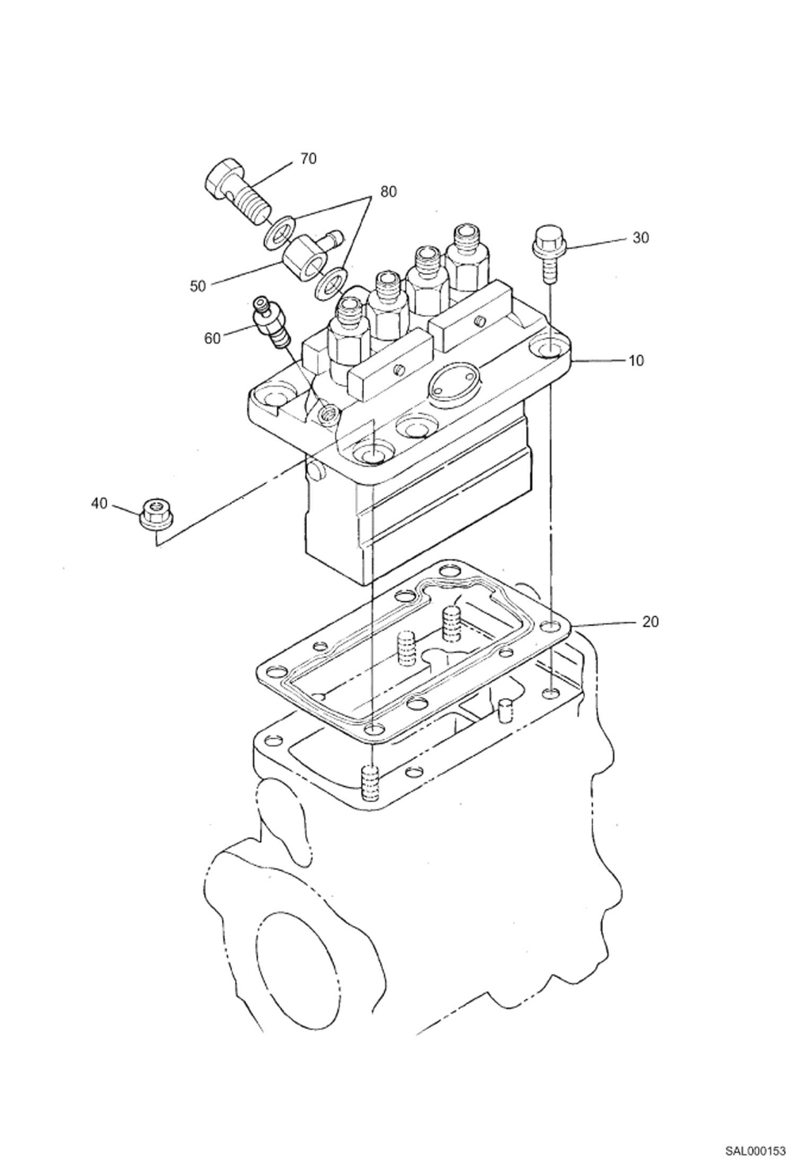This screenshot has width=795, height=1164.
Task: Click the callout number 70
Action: (x=308, y=159)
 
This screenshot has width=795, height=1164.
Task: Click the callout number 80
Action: (x=388, y=192)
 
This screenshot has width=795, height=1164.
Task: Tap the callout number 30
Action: (x=641, y=238)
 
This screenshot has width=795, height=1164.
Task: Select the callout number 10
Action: (x=636, y=360)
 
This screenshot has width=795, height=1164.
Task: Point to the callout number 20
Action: (x=650, y=621)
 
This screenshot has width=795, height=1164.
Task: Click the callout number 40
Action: (x=99, y=503)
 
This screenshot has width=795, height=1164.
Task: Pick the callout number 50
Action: (x=197, y=286)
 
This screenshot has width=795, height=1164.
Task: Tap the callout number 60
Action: (x=212, y=338)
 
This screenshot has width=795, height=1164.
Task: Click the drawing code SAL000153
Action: (x=755, y=1149)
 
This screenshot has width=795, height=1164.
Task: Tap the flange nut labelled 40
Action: (x=157, y=515)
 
